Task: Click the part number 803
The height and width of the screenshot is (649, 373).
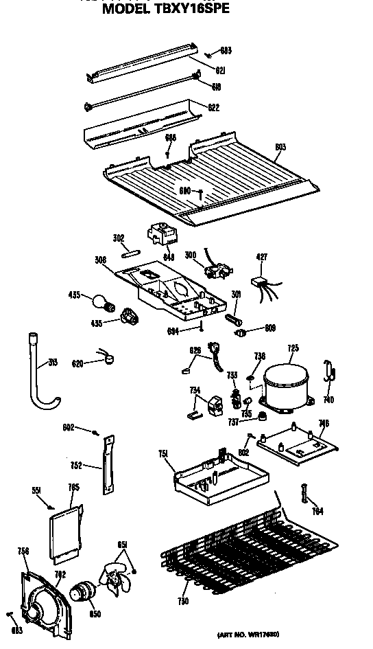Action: [x=280, y=147]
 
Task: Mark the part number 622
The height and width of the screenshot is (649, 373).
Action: [x=213, y=107]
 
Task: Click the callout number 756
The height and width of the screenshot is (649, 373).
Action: [x=23, y=551]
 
